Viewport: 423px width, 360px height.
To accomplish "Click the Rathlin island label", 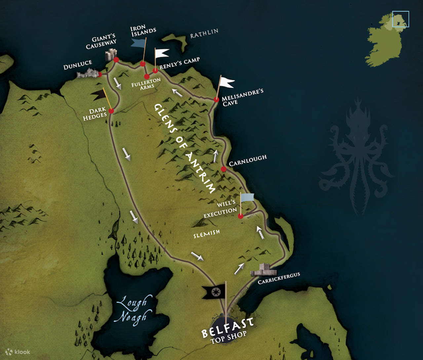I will point(204,33).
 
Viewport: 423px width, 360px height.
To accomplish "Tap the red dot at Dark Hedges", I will point(111,111).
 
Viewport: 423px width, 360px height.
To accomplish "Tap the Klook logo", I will point(18,352).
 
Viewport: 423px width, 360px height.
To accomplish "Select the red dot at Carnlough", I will point(224,169).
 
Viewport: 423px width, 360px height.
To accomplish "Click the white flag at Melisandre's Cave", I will point(226,82).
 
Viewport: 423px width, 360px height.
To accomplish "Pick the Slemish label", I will point(207,234).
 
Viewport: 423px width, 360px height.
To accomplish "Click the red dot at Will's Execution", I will point(241,216).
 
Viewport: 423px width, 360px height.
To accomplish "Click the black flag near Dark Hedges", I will point(99,95).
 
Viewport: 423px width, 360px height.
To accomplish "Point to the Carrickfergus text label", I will point(279,278).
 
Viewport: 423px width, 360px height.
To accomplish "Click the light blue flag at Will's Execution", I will point(248,198).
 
